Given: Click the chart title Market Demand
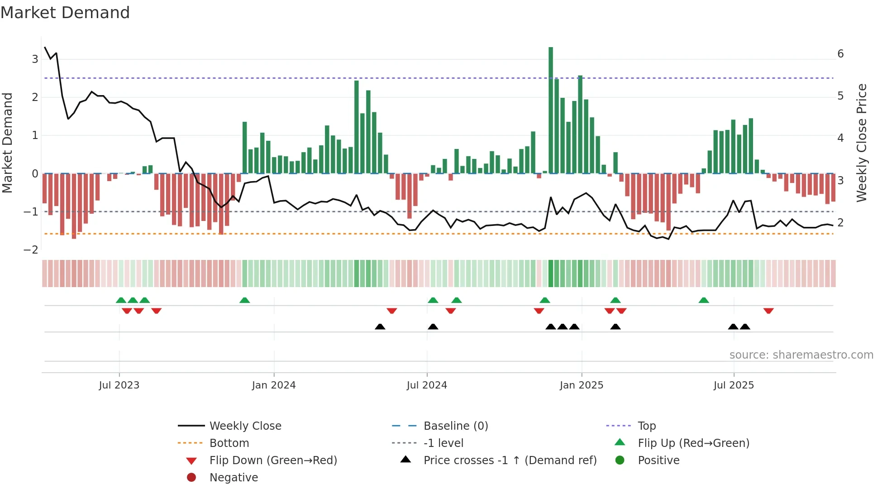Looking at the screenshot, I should pyautogui.click(x=65, y=13).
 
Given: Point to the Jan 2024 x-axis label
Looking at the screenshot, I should pyautogui.click(x=274, y=385).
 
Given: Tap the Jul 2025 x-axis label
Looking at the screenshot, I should pyautogui.click(x=734, y=385).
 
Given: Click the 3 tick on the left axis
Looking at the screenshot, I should pyautogui.click(x=35, y=59).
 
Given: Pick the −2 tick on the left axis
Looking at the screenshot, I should pyautogui.click(x=31, y=250).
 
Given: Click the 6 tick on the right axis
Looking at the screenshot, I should pyautogui.click(x=840, y=54).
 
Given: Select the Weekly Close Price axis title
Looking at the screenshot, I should pyautogui.click(x=862, y=143).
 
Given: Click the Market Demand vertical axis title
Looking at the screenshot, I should pyautogui.click(x=8, y=143).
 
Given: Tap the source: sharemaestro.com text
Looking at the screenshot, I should pyautogui.click(x=801, y=355).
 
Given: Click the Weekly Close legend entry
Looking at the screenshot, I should pyautogui.click(x=245, y=426).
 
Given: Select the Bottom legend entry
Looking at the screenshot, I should pyautogui.click(x=229, y=443).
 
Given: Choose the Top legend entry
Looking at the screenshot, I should pyautogui.click(x=646, y=426).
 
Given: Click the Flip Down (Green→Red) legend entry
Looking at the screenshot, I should pyautogui.click(x=273, y=461).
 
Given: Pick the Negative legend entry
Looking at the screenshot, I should pyautogui.click(x=234, y=478).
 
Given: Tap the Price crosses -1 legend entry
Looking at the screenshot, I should pyautogui.click(x=510, y=461).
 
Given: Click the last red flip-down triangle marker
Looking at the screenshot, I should pyautogui.click(x=768, y=311).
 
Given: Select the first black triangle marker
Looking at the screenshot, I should pyautogui.click(x=380, y=326).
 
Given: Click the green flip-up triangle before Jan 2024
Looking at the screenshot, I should pyautogui.click(x=244, y=300).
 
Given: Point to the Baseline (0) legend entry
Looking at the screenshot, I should pyautogui.click(x=455, y=426).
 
